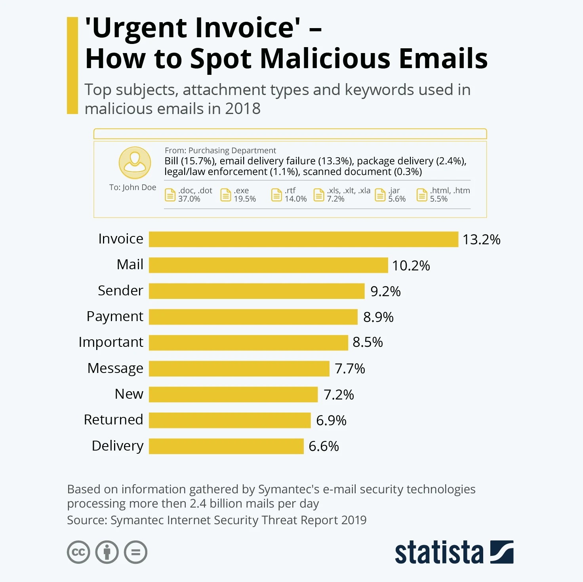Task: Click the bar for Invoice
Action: (303, 240)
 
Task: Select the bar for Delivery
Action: (226, 446)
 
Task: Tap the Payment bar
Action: (253, 317)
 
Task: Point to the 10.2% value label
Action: (411, 265)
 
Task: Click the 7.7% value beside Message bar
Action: (350, 369)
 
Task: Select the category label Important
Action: (111, 342)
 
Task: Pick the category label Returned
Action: (113, 420)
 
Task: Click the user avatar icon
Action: (135, 163)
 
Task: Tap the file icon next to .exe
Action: (225, 195)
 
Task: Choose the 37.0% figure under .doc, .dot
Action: (189, 199)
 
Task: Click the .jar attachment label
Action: (394, 190)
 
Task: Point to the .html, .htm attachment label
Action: (450, 190)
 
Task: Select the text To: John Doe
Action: (133, 187)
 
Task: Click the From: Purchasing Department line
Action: (220, 150)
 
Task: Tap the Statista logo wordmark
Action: (439, 552)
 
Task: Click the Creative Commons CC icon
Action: (78, 552)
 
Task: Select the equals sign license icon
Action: (135, 552)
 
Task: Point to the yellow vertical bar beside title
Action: (72, 65)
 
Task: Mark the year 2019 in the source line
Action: (354, 520)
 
